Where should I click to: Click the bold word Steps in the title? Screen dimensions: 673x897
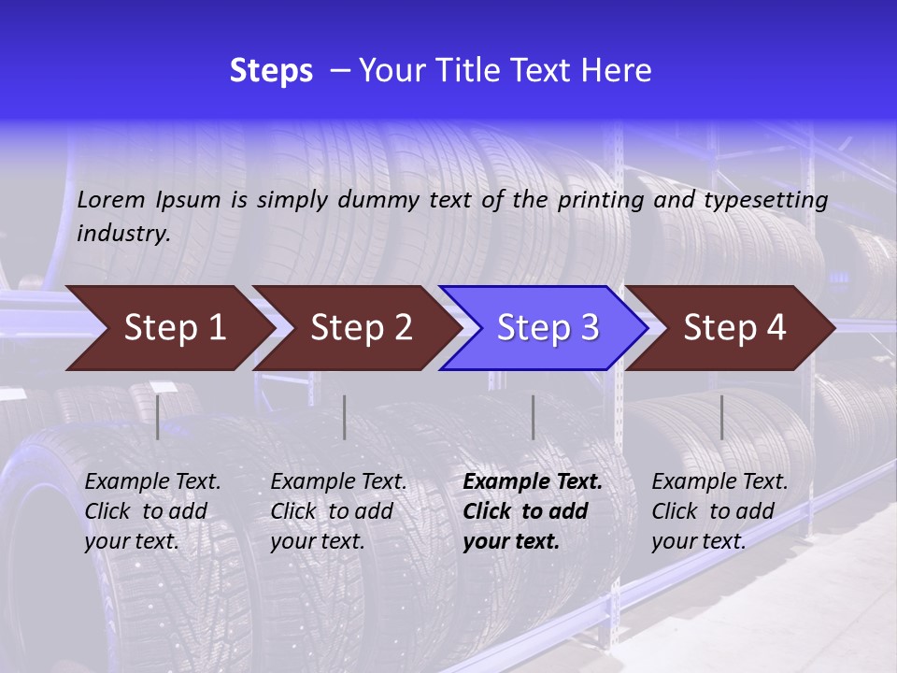click(x=271, y=71)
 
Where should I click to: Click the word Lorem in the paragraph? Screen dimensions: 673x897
click(x=112, y=200)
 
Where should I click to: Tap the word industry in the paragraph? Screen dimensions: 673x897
click(x=123, y=234)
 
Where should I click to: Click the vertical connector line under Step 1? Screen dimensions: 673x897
click(x=158, y=417)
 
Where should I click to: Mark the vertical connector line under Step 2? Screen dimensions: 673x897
click(x=345, y=417)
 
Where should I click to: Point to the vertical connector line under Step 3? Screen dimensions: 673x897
click(x=533, y=417)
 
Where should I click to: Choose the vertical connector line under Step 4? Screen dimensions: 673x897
click(x=721, y=417)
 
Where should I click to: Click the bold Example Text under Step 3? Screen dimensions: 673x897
click(x=533, y=482)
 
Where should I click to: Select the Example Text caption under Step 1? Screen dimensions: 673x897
click(x=153, y=482)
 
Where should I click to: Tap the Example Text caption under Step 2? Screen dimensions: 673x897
click(x=338, y=482)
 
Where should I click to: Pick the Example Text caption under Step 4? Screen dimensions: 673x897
click(x=719, y=482)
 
